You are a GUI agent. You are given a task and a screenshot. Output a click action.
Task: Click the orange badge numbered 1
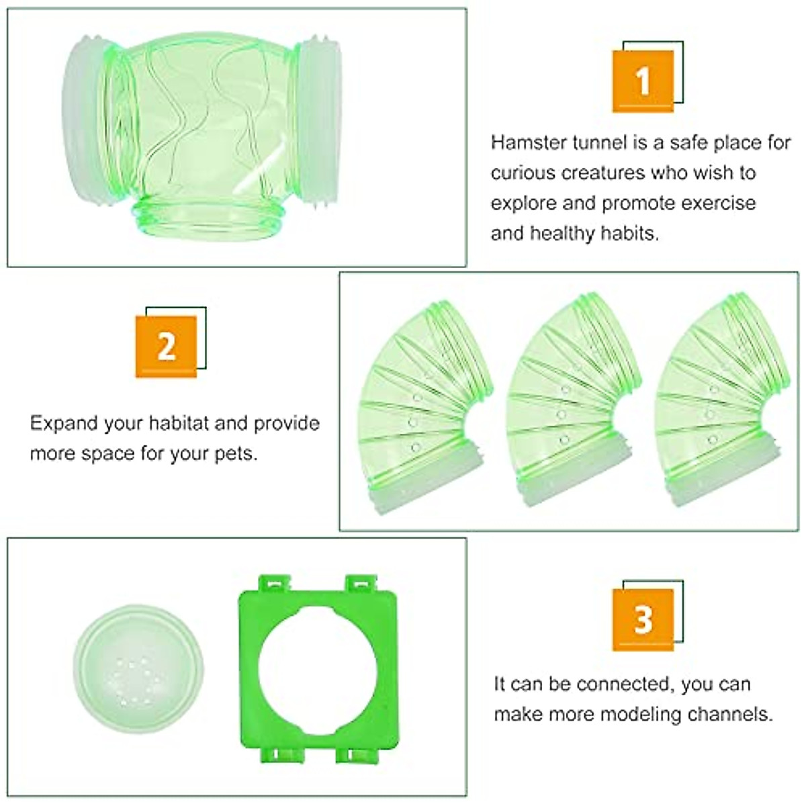[643, 81]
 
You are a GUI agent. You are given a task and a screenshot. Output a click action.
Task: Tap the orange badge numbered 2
[167, 347]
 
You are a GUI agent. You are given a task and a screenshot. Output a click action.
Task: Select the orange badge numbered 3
[643, 619]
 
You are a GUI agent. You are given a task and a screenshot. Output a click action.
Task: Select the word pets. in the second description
[236, 454]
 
